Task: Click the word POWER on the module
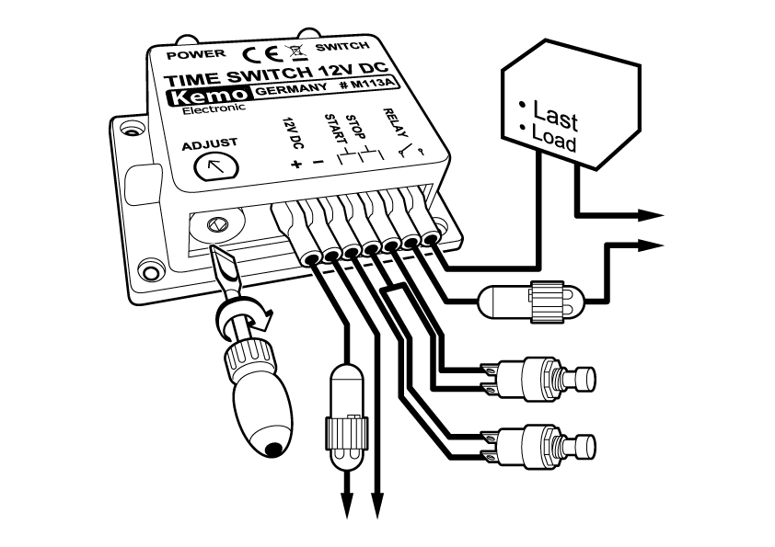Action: pos(191,53)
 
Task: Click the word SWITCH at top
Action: pos(341,47)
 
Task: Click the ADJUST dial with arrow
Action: pos(216,166)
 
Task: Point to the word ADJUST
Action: pos(210,143)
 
